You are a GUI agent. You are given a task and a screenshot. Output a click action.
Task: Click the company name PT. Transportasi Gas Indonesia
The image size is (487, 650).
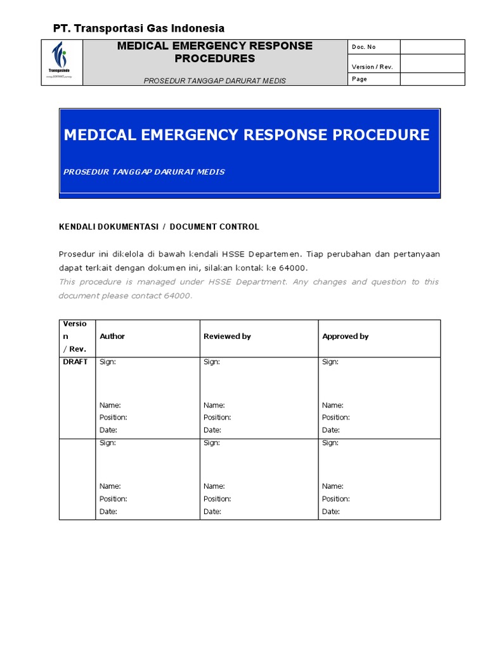[x=138, y=28]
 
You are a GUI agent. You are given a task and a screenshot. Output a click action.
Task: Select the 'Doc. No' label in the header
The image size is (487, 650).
[x=363, y=47]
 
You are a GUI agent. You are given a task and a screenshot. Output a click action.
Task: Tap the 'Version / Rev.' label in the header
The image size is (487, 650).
[x=372, y=67]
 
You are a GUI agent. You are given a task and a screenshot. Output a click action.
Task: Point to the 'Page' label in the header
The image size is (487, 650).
[x=360, y=79]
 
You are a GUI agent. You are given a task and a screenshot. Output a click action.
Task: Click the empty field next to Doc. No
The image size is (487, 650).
[x=432, y=47]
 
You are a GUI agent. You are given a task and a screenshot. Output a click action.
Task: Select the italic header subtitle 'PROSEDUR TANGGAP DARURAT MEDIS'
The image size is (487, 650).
[x=214, y=81]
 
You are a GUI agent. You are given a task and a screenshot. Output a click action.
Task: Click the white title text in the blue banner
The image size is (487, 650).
[x=247, y=135]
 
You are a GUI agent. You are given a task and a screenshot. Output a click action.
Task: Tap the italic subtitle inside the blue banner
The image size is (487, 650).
[x=145, y=172]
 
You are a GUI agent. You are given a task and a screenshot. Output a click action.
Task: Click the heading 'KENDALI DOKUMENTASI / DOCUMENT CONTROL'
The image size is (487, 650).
[x=159, y=227]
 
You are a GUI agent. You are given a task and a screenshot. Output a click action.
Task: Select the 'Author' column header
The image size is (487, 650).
[x=112, y=336]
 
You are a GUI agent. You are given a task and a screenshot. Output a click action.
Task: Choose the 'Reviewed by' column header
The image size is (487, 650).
[x=227, y=336]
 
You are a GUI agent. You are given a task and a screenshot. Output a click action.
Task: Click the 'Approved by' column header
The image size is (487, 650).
[x=345, y=336]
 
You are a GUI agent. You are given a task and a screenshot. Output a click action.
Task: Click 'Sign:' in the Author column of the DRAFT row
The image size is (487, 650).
[x=108, y=362]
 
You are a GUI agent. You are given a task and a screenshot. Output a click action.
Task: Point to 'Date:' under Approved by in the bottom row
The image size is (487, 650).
[x=331, y=512]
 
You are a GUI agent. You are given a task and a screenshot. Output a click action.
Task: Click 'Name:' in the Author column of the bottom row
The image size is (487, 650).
[x=110, y=486]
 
